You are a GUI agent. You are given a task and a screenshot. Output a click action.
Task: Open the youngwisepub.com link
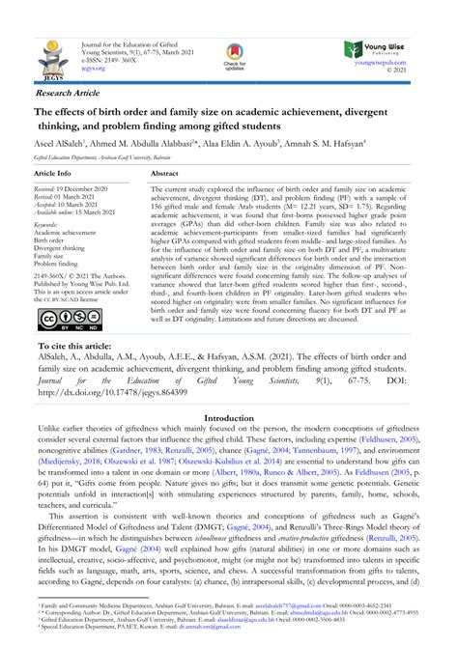pos(398,63)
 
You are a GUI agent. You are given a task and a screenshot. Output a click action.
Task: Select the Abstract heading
pos(165,171)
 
